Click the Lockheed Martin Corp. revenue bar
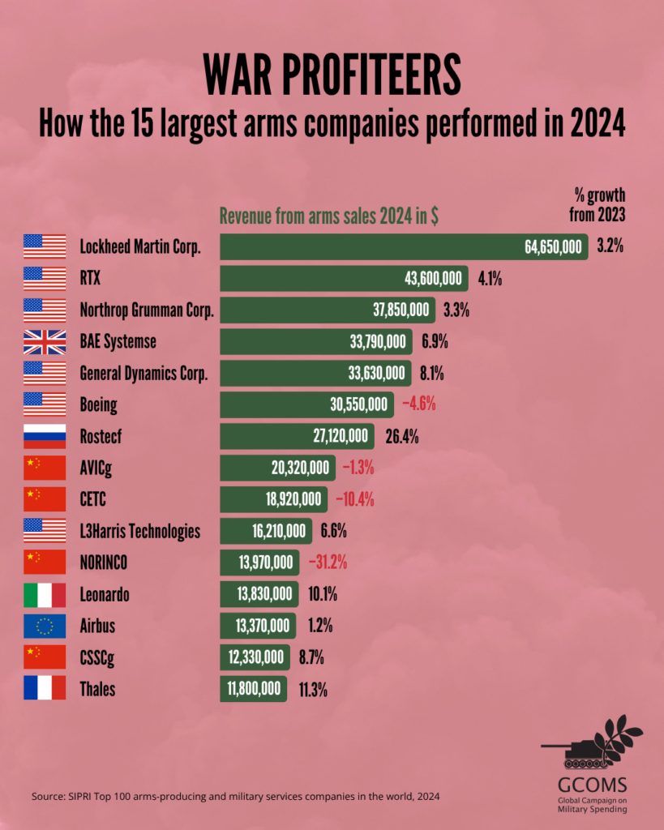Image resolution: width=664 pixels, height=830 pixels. tap(404, 246)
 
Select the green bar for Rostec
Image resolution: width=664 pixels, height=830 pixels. tap(297, 436)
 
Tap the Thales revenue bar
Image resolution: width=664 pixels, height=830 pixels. tap(254, 689)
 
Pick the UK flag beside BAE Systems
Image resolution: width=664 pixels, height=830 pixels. tap(45, 342)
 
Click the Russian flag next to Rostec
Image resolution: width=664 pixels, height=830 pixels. tap(45, 436)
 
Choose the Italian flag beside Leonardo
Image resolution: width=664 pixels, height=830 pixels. tap(45, 595)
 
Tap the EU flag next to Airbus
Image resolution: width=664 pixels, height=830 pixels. tap(45, 627)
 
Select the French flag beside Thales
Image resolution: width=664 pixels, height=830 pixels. tap(45, 687)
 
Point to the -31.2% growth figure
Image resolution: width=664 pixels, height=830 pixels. tap(328, 563)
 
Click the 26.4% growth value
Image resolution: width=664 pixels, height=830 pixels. tap(402, 437)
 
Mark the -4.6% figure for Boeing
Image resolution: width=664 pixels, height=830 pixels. tap(419, 404)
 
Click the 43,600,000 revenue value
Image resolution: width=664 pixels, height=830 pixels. tap(433, 279)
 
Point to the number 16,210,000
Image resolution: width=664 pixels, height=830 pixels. tap(279, 531)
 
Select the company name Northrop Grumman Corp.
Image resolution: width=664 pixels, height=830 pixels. tap(147, 310)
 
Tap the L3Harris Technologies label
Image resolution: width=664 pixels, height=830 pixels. tap(140, 532)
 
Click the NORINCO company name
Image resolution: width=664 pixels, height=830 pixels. tap(103, 563)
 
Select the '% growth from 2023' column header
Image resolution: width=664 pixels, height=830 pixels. tap(598, 205)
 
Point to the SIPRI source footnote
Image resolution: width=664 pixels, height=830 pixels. tap(235, 796)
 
